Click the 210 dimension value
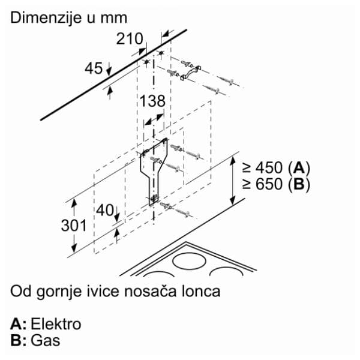(130, 39)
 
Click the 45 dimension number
(94, 68)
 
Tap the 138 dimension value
(152, 101)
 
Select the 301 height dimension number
(74, 226)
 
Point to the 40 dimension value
(104, 210)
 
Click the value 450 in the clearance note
(269, 167)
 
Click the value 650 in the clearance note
(269, 184)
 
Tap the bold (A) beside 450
(299, 168)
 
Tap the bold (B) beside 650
(299, 184)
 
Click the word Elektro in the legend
(56, 324)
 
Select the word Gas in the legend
(46, 340)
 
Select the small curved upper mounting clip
(191, 73)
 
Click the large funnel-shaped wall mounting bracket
(154, 171)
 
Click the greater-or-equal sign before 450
(247, 168)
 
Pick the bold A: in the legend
(19, 324)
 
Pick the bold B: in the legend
(19, 340)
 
